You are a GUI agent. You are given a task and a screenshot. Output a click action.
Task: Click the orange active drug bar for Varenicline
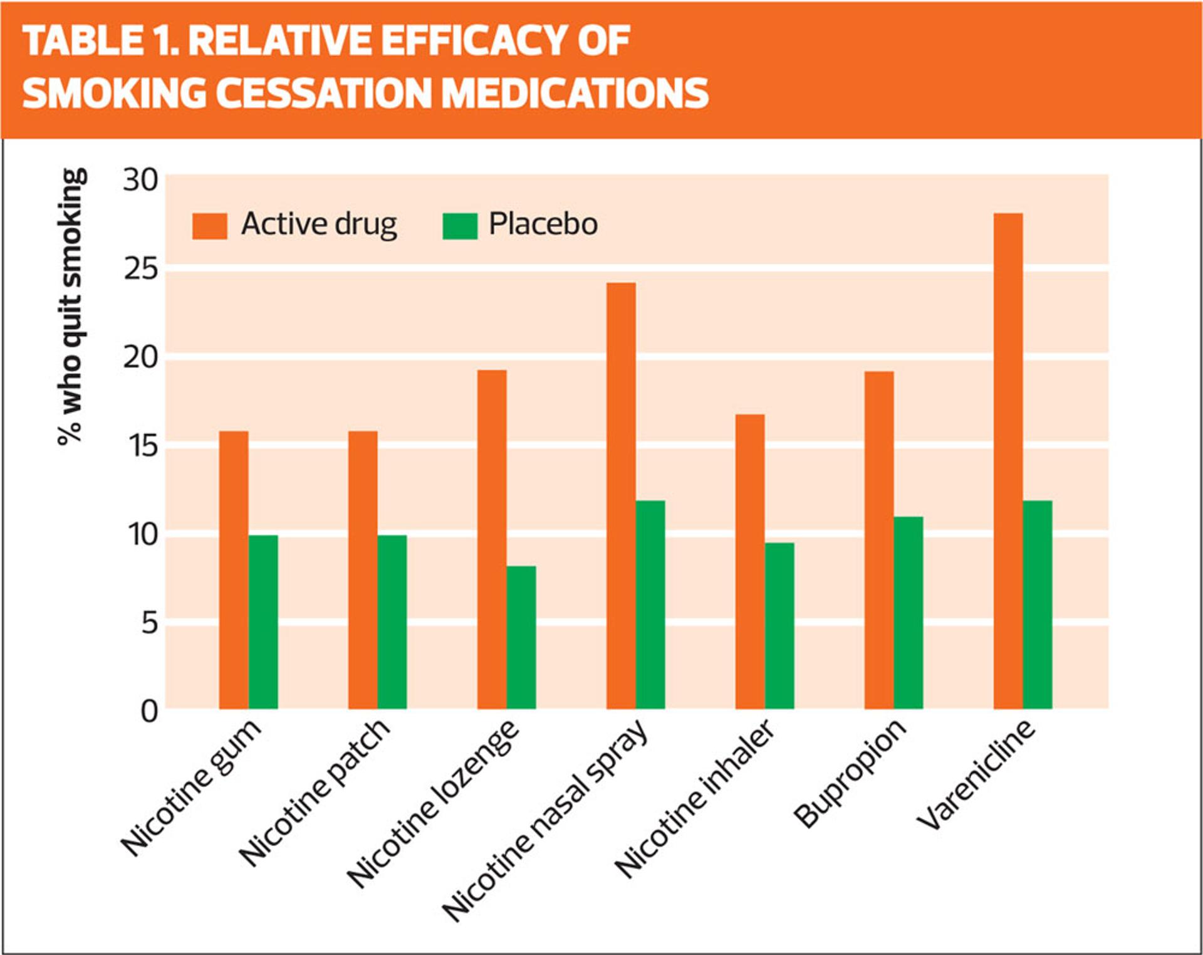(x=1008, y=461)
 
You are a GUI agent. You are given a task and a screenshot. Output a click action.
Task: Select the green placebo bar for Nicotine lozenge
(x=521, y=637)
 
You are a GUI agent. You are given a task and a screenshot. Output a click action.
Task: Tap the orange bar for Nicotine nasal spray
(x=621, y=495)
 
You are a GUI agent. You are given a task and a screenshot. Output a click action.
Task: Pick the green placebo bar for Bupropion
(x=909, y=613)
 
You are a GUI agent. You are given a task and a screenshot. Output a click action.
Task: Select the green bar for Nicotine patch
(x=392, y=621)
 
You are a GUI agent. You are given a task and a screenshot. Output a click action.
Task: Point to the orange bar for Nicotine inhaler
(x=750, y=561)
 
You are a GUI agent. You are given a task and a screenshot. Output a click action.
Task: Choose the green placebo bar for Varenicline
(x=1038, y=604)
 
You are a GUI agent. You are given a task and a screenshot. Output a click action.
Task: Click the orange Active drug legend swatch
(x=209, y=226)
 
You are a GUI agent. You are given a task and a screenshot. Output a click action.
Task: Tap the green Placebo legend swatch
(x=460, y=226)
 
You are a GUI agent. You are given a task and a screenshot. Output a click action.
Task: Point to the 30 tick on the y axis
(x=140, y=181)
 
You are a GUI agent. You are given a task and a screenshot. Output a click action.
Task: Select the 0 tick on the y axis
(x=149, y=712)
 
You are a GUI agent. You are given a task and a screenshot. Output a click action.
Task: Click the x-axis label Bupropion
(x=850, y=773)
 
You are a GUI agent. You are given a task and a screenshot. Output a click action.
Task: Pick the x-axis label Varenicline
(x=976, y=774)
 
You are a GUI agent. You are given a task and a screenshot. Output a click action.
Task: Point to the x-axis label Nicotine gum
(x=190, y=787)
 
